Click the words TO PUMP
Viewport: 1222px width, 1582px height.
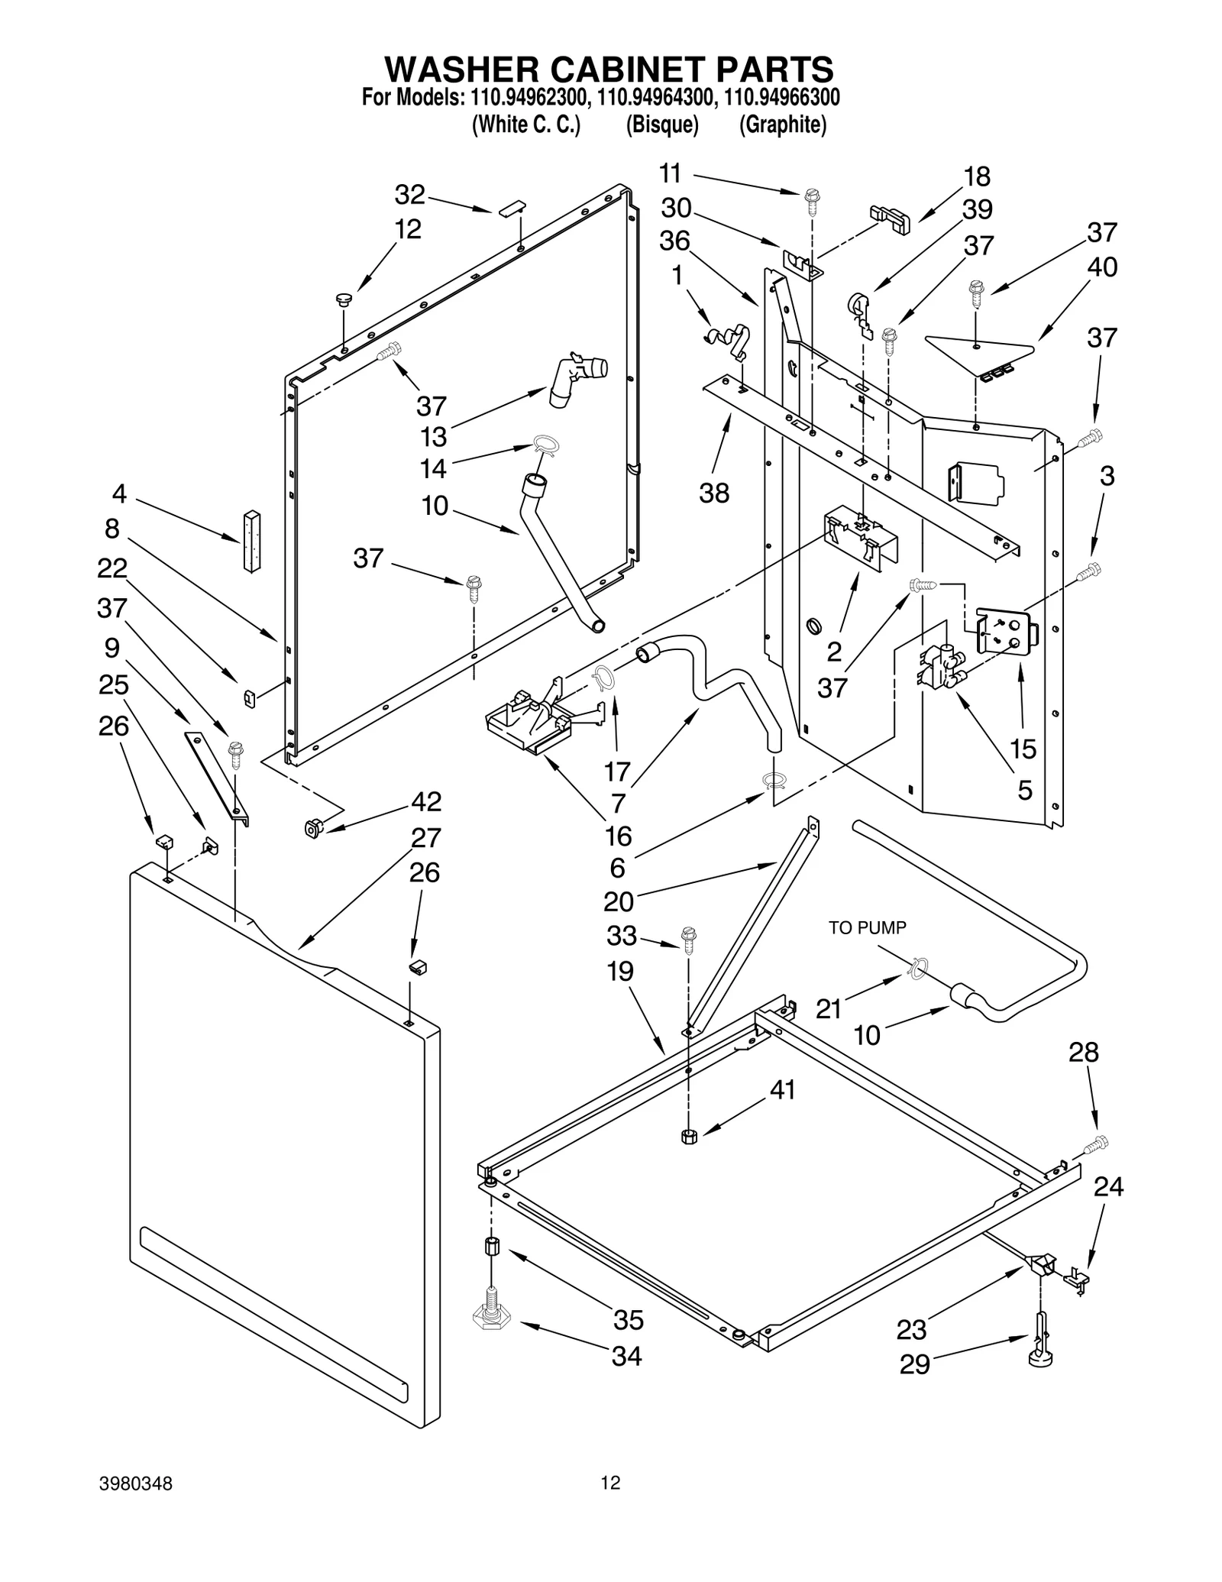[868, 927]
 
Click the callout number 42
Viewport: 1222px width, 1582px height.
[426, 801]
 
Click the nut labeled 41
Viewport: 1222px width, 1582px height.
[688, 1136]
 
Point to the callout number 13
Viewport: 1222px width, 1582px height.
[434, 437]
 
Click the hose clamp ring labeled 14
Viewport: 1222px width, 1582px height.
[546, 444]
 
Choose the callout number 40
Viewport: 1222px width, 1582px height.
[1102, 267]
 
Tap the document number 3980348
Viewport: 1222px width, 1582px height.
[136, 1483]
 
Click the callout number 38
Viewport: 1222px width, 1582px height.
[714, 493]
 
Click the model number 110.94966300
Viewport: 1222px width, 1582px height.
[781, 98]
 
